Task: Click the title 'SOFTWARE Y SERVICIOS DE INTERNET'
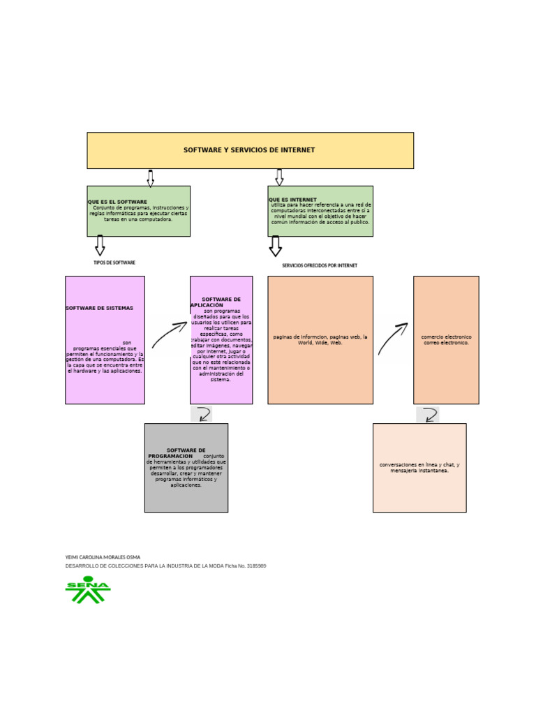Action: coord(249,150)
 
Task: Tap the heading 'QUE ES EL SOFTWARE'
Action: coord(117,202)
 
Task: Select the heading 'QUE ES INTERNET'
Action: coord(292,200)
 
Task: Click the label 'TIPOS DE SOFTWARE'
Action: coord(114,263)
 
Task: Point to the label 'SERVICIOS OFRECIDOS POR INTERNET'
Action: coord(320,265)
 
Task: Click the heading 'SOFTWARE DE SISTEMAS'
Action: coord(99,308)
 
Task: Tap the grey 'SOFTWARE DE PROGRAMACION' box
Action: coord(186,468)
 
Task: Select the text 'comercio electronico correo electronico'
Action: coord(446,340)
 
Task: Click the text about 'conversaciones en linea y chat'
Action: coord(419,468)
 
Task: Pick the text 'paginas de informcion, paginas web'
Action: coord(320,340)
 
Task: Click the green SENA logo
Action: coord(88,590)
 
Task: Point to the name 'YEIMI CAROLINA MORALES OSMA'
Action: coord(103,557)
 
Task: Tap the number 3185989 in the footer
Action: coord(256,566)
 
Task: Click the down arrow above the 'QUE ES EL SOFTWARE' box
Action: coord(150,178)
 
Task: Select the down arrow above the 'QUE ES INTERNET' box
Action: coord(279,177)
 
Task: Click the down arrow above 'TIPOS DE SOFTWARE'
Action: coord(100,246)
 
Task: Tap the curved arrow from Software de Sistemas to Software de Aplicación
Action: coord(170,334)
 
